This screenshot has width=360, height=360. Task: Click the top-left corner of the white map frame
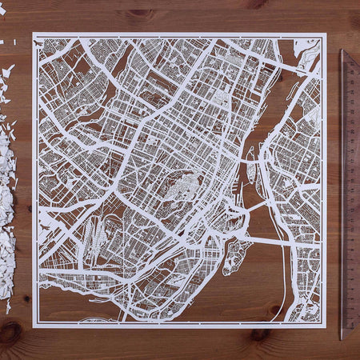pyautogui.click(x=34, y=34)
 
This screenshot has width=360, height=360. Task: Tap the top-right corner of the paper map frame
pyautogui.click(x=326, y=34)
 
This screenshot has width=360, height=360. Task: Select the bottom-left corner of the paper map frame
pyautogui.click(x=34, y=326)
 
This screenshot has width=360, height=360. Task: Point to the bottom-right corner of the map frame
pyautogui.click(x=326, y=326)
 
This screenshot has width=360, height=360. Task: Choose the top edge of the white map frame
pyautogui.click(x=180, y=34)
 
